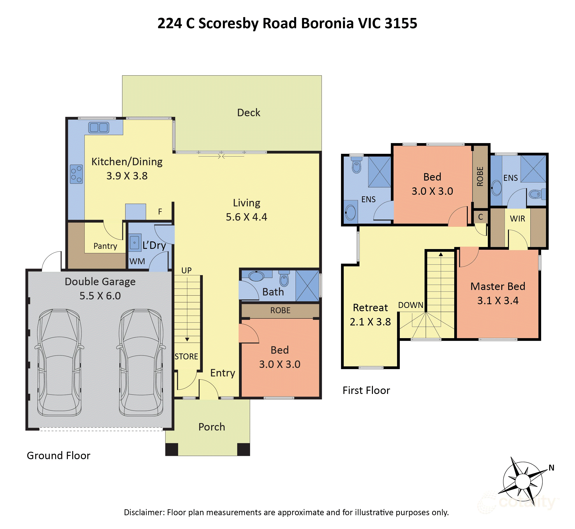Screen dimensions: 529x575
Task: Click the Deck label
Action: [x=248, y=112]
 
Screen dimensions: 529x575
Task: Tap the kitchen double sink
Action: [x=98, y=127]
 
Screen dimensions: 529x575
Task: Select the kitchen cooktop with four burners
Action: [x=76, y=174]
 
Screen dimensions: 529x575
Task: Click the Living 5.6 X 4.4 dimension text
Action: [x=246, y=217]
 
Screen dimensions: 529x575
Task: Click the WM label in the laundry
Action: [x=137, y=261]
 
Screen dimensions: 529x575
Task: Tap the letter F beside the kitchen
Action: [x=160, y=212]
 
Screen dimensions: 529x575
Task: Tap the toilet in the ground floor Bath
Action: [x=284, y=279]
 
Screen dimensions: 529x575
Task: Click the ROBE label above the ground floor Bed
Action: [x=280, y=310]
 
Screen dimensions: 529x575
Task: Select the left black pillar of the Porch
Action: [x=172, y=449]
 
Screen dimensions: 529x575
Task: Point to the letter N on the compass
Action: [x=551, y=468]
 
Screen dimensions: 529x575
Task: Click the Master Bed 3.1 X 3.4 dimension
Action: [x=498, y=301]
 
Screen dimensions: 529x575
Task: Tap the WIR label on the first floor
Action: [x=517, y=219]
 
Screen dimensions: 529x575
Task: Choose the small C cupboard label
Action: [x=480, y=217]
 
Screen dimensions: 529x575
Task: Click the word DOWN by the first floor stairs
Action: [x=410, y=305]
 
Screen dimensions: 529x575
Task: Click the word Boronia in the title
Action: [x=327, y=23]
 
